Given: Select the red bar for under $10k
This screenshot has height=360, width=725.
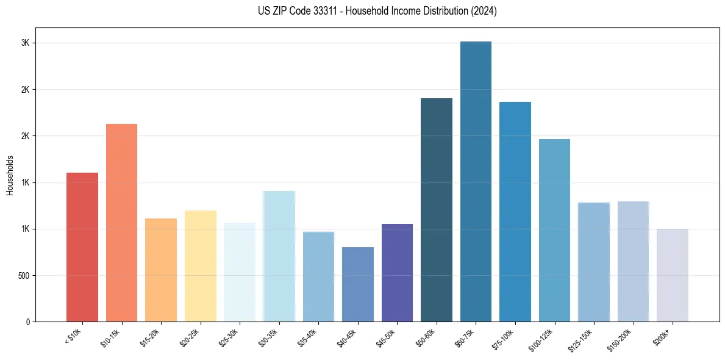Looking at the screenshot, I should pyautogui.click(x=82, y=247).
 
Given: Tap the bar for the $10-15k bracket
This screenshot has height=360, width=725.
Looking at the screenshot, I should pyautogui.click(x=121, y=223).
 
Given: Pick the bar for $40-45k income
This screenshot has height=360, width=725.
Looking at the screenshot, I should pyautogui.click(x=358, y=284).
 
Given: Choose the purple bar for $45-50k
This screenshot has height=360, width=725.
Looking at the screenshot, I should pyautogui.click(x=397, y=273).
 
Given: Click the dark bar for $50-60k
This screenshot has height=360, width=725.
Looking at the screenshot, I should pyautogui.click(x=437, y=210).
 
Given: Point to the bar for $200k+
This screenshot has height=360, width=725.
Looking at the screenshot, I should pyautogui.click(x=673, y=275).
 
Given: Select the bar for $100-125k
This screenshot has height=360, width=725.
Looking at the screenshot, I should pyautogui.click(x=554, y=231).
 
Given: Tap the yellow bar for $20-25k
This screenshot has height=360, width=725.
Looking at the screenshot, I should pyautogui.click(x=200, y=266).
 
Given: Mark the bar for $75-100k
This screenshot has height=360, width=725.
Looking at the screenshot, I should pyautogui.click(x=515, y=212).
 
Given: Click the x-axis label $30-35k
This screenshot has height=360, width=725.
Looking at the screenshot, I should pyautogui.click(x=269, y=337).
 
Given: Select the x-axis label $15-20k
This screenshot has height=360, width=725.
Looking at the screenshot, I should pyautogui.click(x=151, y=337).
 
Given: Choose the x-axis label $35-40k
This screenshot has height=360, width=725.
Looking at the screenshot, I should pyautogui.click(x=308, y=337).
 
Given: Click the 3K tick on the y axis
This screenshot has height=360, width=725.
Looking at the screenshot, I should pyautogui.click(x=25, y=43).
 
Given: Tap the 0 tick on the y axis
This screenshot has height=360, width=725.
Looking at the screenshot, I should pyautogui.click(x=27, y=322).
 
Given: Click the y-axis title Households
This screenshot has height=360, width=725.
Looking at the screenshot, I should pyautogui.click(x=10, y=175).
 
